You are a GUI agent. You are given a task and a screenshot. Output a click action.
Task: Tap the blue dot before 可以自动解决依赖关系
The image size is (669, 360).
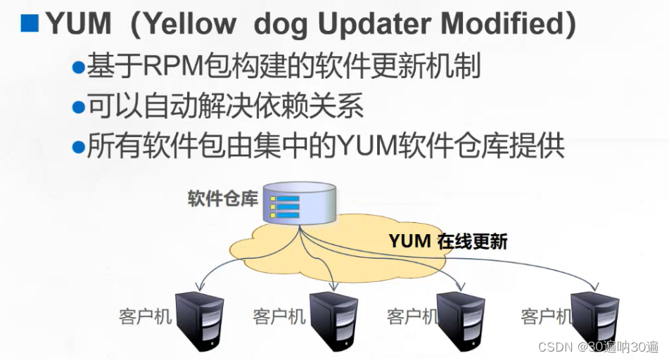pyautogui.click(x=78, y=108)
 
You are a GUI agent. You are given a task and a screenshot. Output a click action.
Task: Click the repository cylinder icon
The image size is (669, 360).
pyautogui.click(x=300, y=202)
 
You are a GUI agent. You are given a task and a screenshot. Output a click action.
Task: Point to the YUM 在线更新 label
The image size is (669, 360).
pyautogui.click(x=447, y=241)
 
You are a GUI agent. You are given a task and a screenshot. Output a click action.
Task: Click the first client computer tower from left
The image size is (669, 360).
pyautogui.click(x=200, y=319)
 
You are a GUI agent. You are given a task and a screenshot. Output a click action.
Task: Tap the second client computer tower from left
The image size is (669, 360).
pyautogui.click(x=333, y=319)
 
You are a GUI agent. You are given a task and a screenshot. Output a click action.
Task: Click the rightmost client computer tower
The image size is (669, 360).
pyautogui.click(x=594, y=319)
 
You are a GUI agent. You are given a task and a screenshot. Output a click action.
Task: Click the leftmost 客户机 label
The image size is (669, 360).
pyautogui.click(x=146, y=316)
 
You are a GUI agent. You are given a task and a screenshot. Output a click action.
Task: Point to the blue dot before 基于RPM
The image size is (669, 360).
pyautogui.click(x=78, y=68)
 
